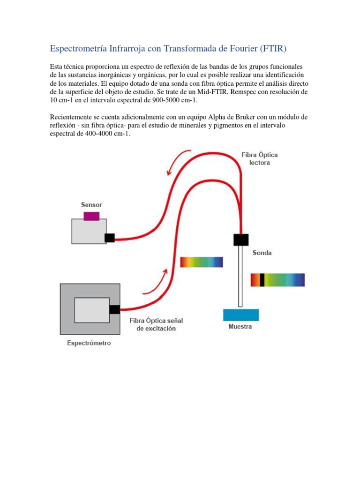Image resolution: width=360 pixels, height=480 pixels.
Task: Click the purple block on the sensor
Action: coord(91,216)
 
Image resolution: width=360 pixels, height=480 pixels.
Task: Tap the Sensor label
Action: coord(91,205)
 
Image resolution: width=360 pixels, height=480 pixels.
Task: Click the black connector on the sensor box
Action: coord(110,238)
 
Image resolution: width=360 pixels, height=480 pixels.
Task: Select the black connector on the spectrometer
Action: coord(114,309)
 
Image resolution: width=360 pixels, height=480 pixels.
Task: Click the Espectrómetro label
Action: coord(89,343)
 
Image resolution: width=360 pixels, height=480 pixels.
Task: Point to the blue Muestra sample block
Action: coord(241,315)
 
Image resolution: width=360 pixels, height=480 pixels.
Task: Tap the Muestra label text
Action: coord(240,327)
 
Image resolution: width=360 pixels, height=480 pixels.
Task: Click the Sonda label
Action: coord(262,253)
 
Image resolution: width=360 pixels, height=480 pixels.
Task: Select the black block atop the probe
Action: coord(241,239)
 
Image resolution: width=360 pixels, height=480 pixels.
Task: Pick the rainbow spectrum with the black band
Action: coord(277,280)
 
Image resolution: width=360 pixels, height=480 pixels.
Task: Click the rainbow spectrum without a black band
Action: coord(202,262)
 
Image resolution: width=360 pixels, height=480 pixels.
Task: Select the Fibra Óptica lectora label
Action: coord(256,158)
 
